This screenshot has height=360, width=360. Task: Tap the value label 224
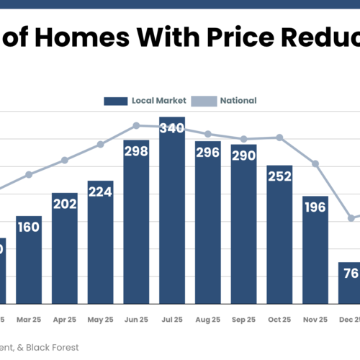pyautogui.click(x=100, y=192)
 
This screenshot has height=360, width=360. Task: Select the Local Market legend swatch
pyautogui.click(x=115, y=101)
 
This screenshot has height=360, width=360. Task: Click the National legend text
pyautogui.click(x=239, y=101)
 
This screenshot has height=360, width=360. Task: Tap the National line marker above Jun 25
pyautogui.click(x=136, y=125)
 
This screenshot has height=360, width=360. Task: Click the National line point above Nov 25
pyautogui.click(x=315, y=164)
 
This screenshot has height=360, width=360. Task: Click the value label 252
pyautogui.click(x=279, y=176)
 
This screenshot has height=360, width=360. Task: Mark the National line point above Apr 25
pyautogui.click(x=65, y=160)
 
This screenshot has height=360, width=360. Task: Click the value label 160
pyautogui.click(x=29, y=228)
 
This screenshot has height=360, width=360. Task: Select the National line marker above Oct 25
pyautogui.click(x=279, y=138)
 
